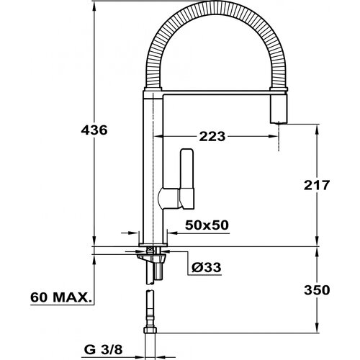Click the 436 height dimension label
point(94,130)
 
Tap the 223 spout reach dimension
point(212,137)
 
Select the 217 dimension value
point(317,185)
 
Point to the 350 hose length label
point(317,290)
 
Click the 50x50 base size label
point(207,225)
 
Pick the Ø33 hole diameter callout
point(206,267)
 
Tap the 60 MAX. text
point(61,297)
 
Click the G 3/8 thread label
point(103,350)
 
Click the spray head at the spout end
point(279,109)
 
